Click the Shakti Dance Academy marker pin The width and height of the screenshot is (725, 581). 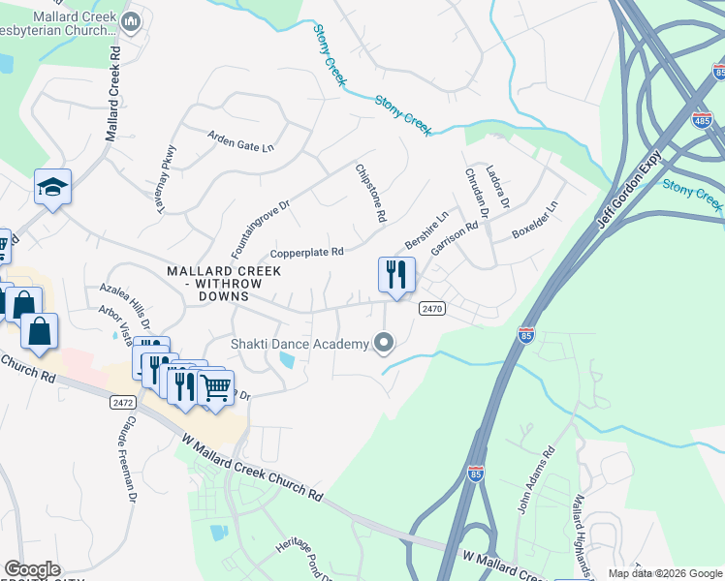[x=385, y=343]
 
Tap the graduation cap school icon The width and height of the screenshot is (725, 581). [x=53, y=188]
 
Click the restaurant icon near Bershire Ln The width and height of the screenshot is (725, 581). [x=395, y=275]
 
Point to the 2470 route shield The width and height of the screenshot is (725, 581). [x=432, y=308]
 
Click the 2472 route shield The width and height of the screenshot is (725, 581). [x=121, y=400]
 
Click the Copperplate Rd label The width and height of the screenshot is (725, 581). [x=307, y=253]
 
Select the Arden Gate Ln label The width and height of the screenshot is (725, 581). [x=241, y=141]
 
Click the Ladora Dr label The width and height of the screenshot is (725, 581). [x=497, y=187]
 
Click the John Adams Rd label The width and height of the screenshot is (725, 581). [x=534, y=479]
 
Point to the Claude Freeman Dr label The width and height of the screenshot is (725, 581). [x=130, y=463]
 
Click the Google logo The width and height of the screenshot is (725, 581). [x=32, y=569]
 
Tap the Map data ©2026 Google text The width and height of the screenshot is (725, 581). [x=664, y=573]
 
